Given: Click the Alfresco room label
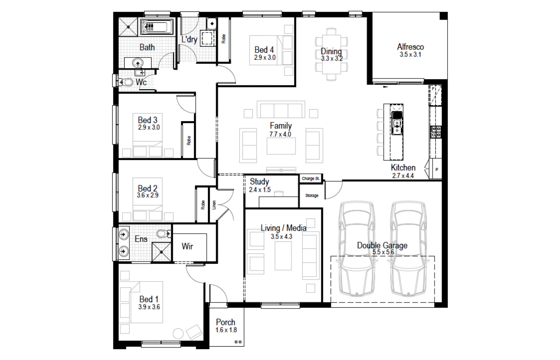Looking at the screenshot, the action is coord(410,47).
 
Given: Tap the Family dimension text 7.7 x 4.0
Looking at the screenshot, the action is coord(280,134).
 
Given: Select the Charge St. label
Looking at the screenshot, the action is coord(311,178).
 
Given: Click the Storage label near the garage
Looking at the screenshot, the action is coord(312,196).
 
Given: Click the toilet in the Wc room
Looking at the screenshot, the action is coord(127,82).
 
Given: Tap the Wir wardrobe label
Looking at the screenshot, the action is coord(187,246).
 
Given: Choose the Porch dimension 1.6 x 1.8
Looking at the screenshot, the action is coord(226,330).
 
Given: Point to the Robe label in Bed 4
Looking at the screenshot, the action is coord(223,39).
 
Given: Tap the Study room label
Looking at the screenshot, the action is coord(259,182).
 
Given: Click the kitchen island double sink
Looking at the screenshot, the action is coord(397,127).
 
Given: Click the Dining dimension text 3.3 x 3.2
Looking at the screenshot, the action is coord(332,59).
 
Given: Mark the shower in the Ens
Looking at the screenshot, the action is coord(161,252).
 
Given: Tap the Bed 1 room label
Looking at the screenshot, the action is coord(149,299).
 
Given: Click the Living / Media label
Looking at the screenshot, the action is coord(283,228).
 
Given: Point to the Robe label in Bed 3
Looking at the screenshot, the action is coord(189,141).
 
